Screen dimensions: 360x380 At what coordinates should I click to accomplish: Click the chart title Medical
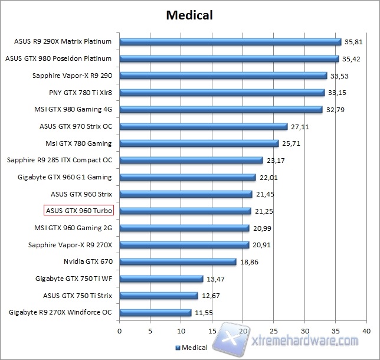[190, 15]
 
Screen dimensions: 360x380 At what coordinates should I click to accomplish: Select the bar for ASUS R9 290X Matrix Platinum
[230, 42]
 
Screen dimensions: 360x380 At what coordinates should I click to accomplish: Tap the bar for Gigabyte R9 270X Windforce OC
[155, 312]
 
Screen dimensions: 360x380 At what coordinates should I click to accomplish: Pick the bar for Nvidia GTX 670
[178, 261]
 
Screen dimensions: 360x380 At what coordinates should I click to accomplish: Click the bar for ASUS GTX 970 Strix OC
[203, 126]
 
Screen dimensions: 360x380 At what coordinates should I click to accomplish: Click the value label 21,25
[264, 211]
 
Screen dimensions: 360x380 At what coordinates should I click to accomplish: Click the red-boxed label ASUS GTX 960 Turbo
[78, 211]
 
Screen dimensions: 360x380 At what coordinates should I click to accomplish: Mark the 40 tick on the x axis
[366, 331]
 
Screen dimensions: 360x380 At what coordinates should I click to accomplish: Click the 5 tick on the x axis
[150, 331]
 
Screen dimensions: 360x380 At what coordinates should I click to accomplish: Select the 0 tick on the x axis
[120, 331]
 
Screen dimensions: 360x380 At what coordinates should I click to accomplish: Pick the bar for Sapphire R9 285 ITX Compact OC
[191, 160]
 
